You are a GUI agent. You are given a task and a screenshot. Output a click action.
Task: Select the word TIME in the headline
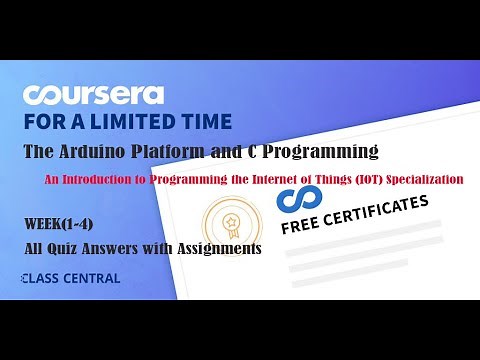point(206,122)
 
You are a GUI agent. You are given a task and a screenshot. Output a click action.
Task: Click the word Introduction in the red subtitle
point(130,180)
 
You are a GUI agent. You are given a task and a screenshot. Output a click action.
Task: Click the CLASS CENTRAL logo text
point(70,278)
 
